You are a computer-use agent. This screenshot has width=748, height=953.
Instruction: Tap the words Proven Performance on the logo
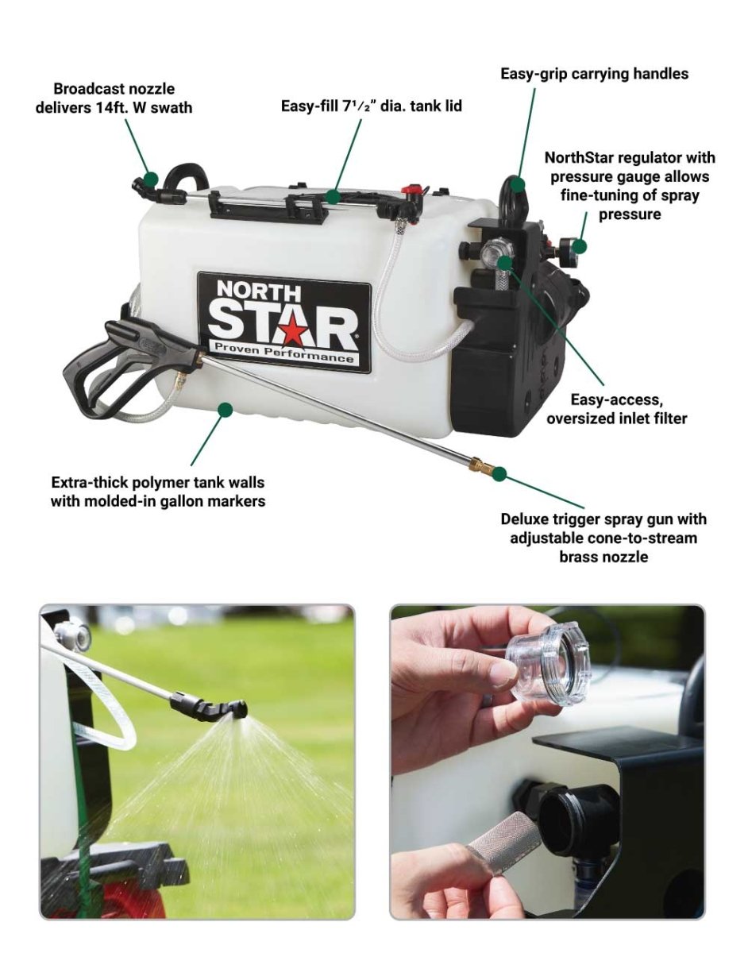click(x=283, y=354)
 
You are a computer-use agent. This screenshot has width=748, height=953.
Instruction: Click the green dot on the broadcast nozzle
click(x=151, y=179)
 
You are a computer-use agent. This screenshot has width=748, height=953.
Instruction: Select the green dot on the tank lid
click(x=334, y=196)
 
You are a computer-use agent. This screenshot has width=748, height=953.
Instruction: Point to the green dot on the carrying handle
click(x=519, y=184)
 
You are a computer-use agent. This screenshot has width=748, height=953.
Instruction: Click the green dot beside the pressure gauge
click(x=580, y=246)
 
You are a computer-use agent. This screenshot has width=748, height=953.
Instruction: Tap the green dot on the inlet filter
click(x=506, y=263)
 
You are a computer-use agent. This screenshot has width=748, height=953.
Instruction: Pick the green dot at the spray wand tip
click(x=499, y=474)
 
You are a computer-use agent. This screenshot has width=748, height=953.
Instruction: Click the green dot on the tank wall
click(x=226, y=409)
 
